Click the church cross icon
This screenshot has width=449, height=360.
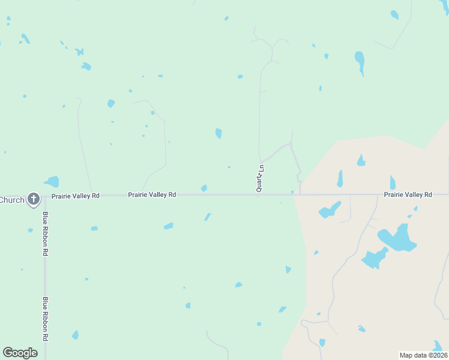(34, 199)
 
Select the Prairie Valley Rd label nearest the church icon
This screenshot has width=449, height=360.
(75, 196)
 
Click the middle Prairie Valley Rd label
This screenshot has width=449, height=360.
(152, 195)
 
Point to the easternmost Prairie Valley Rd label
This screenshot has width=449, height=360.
(408, 195)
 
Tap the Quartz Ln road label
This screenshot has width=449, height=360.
(261, 178)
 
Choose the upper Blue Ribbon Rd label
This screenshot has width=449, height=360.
(45, 233)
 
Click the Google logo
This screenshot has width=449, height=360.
(20, 353)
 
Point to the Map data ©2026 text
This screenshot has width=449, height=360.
(423, 355)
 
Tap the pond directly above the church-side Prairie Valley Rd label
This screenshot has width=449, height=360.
(52, 181)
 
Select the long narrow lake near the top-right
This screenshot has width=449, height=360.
(360, 62)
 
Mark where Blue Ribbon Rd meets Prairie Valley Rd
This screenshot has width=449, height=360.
(45, 195)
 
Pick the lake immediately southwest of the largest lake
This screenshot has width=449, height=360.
(375, 259)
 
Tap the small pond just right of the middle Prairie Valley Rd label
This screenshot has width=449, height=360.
(204, 188)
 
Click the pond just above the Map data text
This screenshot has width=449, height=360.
(438, 346)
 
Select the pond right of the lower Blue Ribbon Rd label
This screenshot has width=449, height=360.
(75, 335)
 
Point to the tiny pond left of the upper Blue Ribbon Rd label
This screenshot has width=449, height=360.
(30, 230)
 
